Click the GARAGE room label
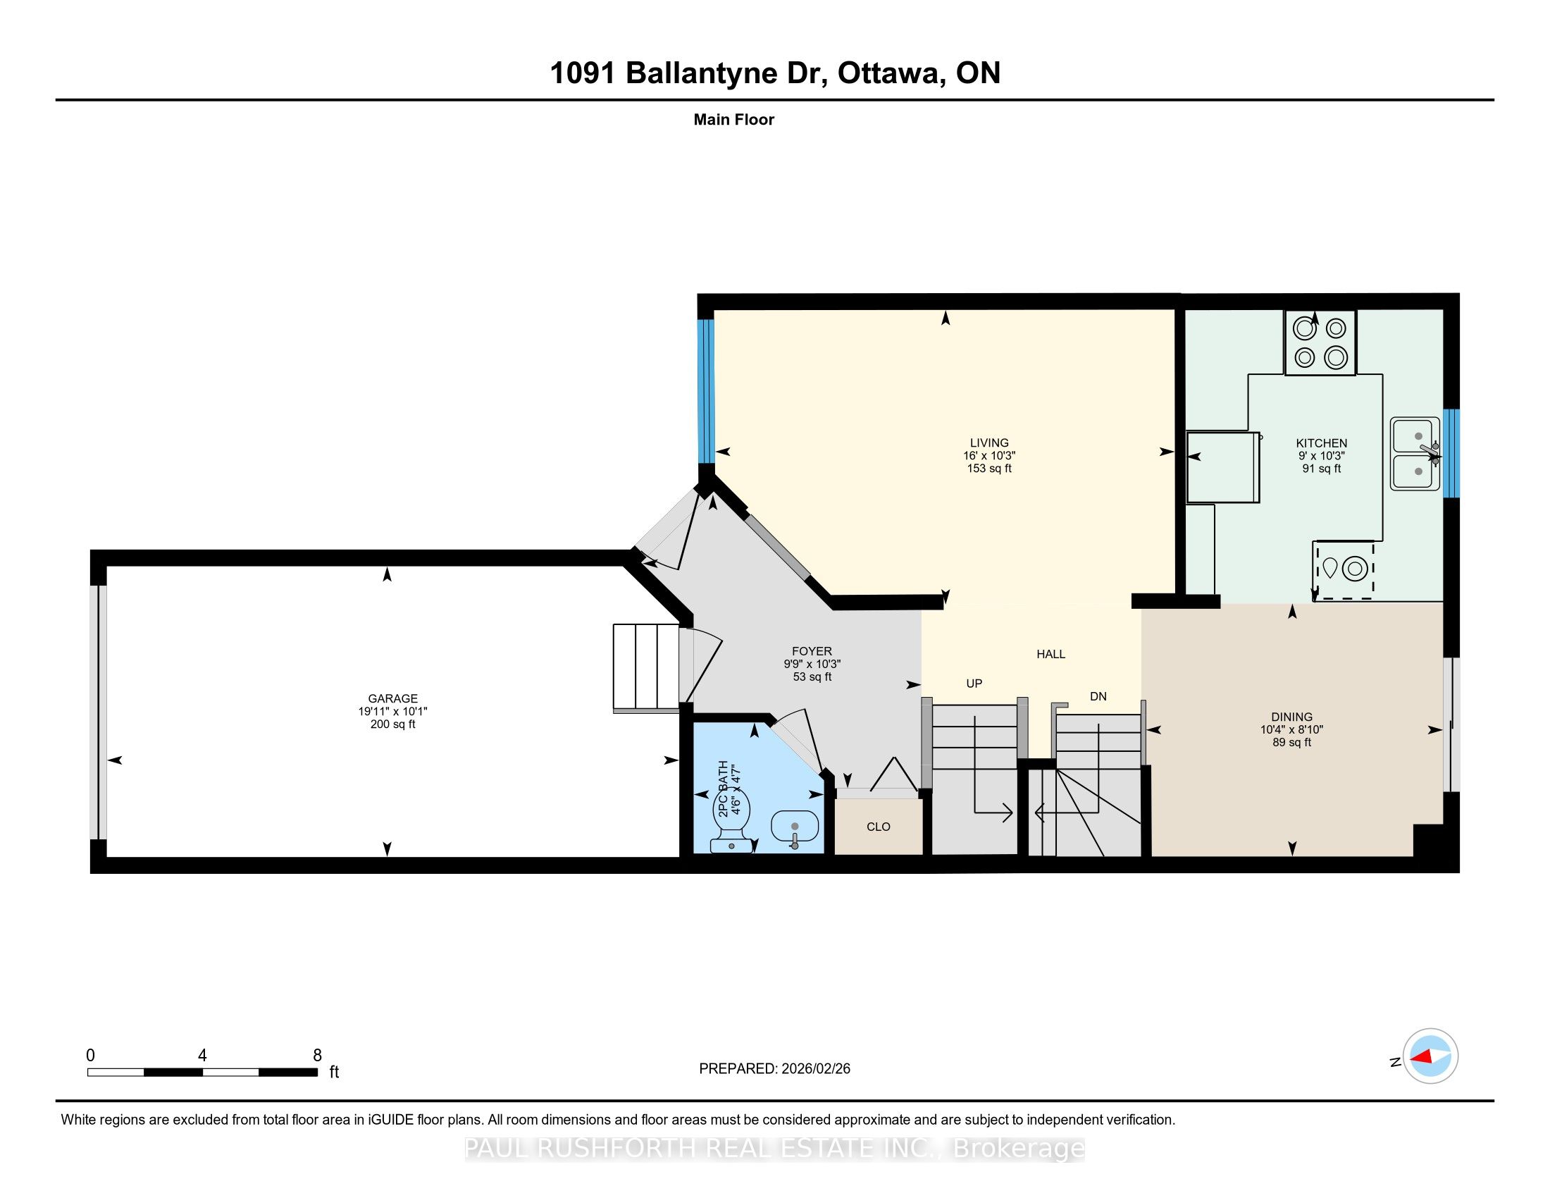[392, 698]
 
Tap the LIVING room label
[989, 443]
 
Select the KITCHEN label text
[1322, 443]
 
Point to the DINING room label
[1291, 717]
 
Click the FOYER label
[812, 651]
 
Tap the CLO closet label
[879, 827]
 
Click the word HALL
[1051, 655]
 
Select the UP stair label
[974, 684]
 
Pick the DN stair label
[1098, 696]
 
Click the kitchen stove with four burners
[1320, 342]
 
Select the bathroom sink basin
[795, 827]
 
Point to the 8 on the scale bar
[317, 1056]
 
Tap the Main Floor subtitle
[734, 120]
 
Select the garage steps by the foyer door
[646, 667]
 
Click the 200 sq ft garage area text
[392, 724]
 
